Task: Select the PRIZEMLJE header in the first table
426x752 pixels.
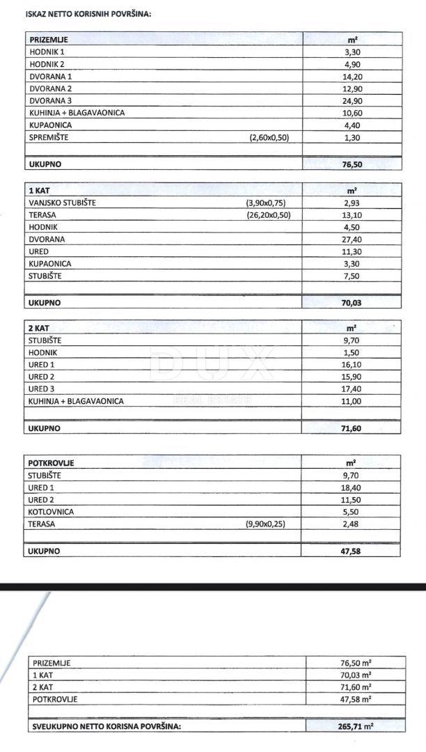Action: click(49, 40)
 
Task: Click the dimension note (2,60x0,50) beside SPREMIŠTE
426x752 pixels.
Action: click(269, 137)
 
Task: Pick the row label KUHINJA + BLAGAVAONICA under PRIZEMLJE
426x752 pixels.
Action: click(77, 113)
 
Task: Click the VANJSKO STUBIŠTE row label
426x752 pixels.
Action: click(63, 203)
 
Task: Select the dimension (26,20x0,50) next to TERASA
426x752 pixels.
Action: click(267, 215)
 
